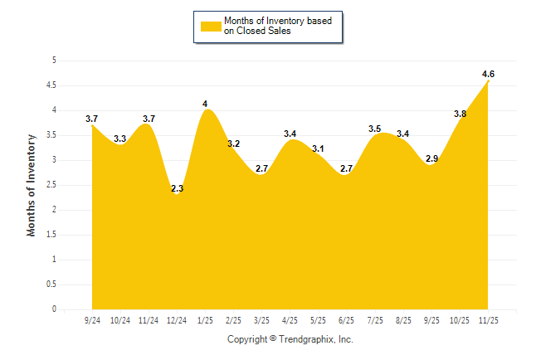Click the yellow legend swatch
[x=211, y=26]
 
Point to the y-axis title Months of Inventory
[x=32, y=185]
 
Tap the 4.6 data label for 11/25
[x=489, y=74]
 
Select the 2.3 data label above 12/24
[x=177, y=189]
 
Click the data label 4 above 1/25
[x=205, y=104]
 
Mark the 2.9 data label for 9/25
[x=431, y=158]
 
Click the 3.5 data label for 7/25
[x=375, y=129]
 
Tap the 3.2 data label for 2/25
[x=233, y=144]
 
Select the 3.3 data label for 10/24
[x=120, y=139]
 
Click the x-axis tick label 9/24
[x=92, y=319]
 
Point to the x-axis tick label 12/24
[x=177, y=319]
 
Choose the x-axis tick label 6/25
[x=347, y=319]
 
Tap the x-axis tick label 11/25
[x=489, y=319]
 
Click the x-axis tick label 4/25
[x=290, y=319]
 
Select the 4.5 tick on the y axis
[x=51, y=85]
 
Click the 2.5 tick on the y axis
[x=51, y=185]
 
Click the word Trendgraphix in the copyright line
[x=309, y=339]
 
